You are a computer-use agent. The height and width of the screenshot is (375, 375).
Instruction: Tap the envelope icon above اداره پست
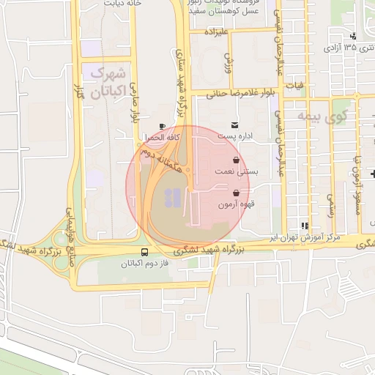tap(234, 125)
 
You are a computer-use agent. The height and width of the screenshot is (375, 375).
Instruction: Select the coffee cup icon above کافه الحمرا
tap(162, 126)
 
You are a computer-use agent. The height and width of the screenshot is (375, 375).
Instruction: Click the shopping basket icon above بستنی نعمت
tap(234, 159)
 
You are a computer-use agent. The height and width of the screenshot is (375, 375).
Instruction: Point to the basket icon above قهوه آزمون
tap(234, 193)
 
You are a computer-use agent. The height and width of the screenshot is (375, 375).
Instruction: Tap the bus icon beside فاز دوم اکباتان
tap(132, 251)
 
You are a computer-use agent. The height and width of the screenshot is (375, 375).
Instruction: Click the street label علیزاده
tap(218, 33)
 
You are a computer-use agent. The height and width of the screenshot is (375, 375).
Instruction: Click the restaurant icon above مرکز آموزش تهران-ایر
tap(305, 226)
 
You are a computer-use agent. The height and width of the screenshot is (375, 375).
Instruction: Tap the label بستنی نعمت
tap(234, 171)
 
